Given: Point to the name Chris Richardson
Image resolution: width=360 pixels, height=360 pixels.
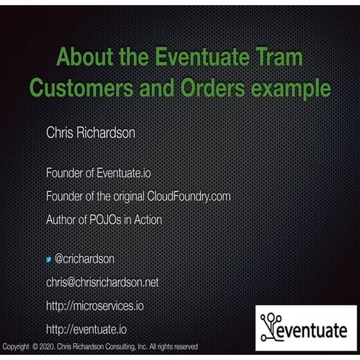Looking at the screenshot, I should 90,133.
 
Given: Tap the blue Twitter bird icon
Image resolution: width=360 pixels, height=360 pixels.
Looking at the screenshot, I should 49,260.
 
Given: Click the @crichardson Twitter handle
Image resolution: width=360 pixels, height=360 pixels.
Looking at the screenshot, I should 84,259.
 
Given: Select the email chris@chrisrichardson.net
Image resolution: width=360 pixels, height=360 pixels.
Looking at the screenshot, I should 102,282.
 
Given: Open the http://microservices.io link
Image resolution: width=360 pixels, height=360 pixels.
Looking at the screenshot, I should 95,305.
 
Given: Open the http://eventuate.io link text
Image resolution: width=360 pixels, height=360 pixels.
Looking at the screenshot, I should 86,329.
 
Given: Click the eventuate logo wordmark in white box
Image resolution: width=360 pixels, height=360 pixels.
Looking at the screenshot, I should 313,331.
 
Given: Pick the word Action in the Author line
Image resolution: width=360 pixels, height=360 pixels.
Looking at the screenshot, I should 148,219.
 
